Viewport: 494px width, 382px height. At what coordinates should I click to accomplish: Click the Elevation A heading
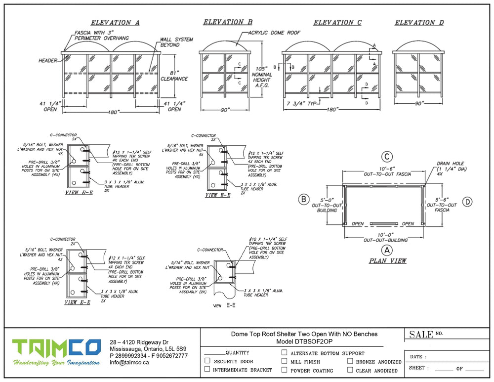[115, 23]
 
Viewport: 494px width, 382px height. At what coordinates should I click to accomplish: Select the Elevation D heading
[419, 23]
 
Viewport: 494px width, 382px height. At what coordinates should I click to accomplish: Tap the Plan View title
[387, 260]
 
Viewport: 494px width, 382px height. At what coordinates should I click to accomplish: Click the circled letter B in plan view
[303, 200]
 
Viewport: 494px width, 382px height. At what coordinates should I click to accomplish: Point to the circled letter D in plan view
[468, 201]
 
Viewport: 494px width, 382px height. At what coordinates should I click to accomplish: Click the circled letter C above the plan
[387, 157]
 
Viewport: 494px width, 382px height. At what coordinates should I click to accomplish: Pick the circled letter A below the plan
[387, 250]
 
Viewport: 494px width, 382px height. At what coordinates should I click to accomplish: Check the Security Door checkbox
[207, 361]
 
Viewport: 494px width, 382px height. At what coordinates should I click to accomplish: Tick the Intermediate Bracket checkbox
[207, 370]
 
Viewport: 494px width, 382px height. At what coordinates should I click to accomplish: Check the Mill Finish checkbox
[284, 361]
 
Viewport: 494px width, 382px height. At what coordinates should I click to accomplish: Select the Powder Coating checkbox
[284, 370]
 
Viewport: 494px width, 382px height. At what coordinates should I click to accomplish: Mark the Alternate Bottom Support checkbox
[284, 353]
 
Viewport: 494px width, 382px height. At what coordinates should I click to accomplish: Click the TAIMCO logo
[57, 351]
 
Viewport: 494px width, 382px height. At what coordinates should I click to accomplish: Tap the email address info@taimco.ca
[129, 362]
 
